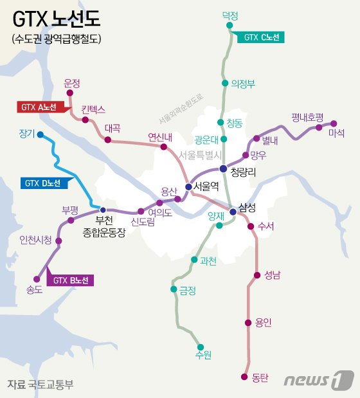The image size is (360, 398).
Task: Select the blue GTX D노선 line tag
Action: point(43,183)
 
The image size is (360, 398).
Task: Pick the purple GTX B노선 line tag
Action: point(71,280)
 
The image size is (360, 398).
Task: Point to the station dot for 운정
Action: point(70,93)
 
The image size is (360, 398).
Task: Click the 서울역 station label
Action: point(206,186)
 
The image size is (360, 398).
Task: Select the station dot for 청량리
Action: point(222,168)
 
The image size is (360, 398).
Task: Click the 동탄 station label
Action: point(260,377)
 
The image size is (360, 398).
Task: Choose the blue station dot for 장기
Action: point(40,135)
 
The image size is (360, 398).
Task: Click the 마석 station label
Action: point(336,134)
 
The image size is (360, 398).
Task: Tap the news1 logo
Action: point(319,379)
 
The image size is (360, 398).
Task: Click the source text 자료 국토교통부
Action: point(40,384)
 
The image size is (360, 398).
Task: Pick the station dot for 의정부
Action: point(224,83)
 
